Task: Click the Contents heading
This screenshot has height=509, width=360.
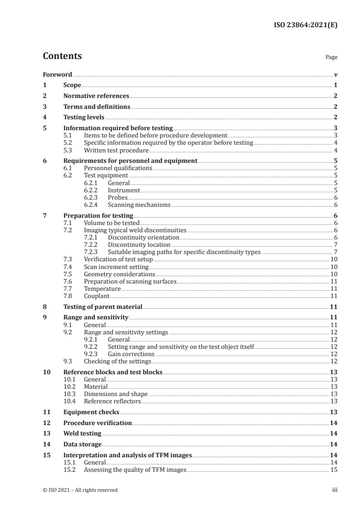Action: [x=62, y=56]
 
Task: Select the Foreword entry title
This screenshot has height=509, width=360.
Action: [x=57, y=74]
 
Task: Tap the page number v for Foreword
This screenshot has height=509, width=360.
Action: [x=335, y=74]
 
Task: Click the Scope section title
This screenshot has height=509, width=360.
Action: [x=72, y=85]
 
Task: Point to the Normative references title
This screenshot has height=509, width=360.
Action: [x=96, y=96]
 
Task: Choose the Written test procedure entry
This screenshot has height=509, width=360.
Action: [x=116, y=150]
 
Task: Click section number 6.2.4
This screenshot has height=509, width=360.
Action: [x=92, y=205]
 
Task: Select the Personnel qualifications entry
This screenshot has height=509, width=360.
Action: [x=118, y=168]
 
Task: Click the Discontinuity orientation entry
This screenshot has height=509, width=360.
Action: [x=143, y=237]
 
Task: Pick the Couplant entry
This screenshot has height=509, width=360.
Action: [x=97, y=296]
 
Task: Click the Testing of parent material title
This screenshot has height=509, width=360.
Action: [x=103, y=307]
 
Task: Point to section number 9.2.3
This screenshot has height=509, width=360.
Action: [x=92, y=354]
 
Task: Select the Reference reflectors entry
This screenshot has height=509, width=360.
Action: [x=112, y=401]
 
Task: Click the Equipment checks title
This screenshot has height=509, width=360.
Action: [x=91, y=412]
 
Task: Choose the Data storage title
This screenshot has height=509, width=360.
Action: [x=83, y=445]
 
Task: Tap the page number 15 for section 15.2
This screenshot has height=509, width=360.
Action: [x=333, y=470]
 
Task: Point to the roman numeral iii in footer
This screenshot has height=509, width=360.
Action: [x=335, y=490]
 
